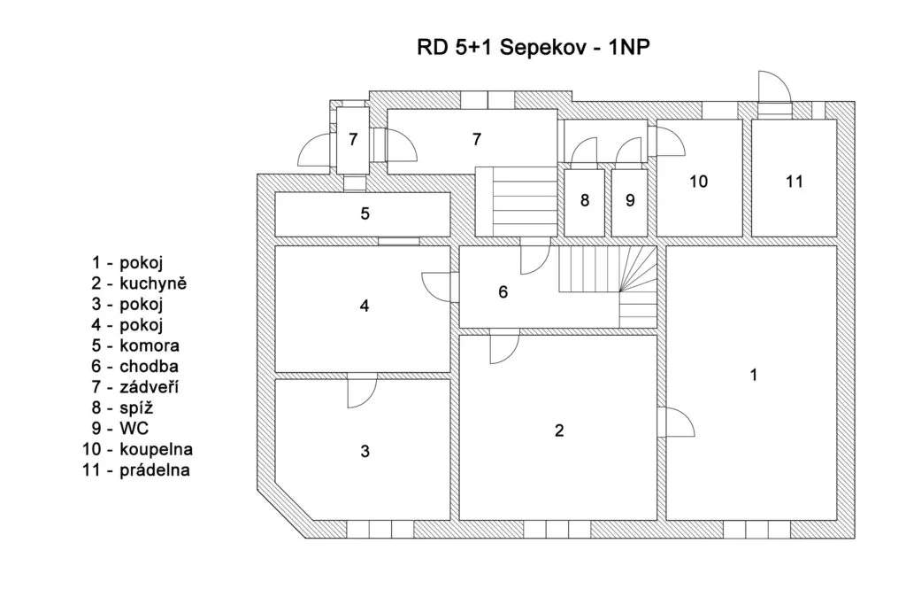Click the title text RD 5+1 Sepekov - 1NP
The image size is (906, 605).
click(534, 47)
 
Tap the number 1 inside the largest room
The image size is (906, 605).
click(753, 375)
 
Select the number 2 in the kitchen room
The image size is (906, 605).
click(558, 431)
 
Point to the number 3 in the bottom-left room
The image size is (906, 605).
click(365, 451)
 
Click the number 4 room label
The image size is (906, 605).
click(364, 306)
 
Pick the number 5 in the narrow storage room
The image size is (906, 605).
click(364, 213)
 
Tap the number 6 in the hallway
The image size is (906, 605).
click(503, 292)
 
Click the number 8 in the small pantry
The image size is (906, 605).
click(584, 200)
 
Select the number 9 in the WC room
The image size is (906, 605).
click(630, 200)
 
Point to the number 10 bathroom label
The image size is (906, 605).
click(698, 182)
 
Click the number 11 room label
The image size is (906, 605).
click(794, 182)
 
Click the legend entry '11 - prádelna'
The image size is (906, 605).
click(134, 469)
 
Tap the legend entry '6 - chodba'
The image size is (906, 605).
click(135, 366)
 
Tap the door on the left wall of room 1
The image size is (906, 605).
click(679, 422)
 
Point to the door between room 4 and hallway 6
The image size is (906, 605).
click(439, 285)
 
